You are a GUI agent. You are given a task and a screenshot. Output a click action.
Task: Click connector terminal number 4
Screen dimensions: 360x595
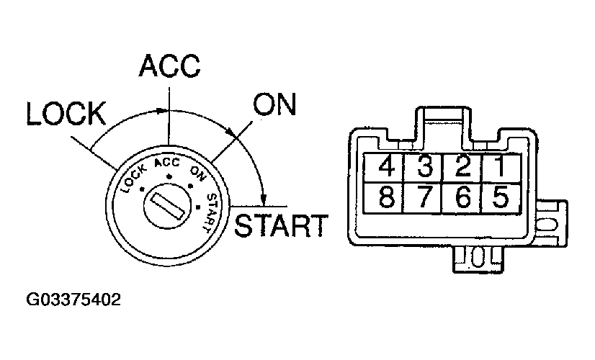click(x=386, y=168)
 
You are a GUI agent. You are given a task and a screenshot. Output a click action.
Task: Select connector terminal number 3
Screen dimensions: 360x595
click(x=424, y=168)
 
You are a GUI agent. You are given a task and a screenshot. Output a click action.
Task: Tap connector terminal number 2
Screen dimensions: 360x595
click(x=462, y=168)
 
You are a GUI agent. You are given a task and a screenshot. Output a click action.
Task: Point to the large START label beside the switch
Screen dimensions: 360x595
click(x=282, y=225)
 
